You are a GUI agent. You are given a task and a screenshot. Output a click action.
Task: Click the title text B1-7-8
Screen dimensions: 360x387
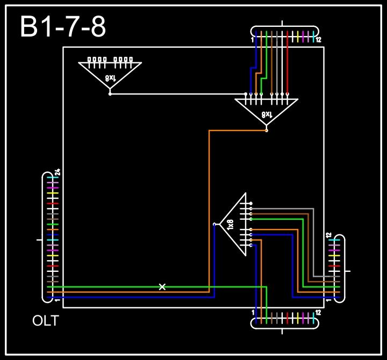(63, 27)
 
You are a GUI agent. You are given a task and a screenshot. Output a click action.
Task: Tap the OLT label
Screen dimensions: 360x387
(46, 321)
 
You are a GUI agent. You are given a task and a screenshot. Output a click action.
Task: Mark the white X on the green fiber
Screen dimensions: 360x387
(162, 287)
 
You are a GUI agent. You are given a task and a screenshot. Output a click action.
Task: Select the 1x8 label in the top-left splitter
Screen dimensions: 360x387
(110, 78)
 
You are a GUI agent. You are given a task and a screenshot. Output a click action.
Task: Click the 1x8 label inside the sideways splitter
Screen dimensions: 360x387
(231, 225)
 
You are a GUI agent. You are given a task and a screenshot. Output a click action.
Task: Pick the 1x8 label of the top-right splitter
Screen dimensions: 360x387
(267, 114)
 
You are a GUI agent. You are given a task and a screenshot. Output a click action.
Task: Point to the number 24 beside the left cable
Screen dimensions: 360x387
(58, 172)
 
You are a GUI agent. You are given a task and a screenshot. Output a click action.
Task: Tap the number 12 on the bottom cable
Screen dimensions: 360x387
(319, 312)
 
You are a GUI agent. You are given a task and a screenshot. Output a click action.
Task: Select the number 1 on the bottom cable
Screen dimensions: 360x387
(253, 312)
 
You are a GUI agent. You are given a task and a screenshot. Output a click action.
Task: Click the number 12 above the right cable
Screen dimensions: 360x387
(328, 235)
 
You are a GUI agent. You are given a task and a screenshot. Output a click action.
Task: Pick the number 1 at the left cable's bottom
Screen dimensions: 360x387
(57, 300)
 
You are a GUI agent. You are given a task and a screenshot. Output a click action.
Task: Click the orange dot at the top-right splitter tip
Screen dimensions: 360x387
(267, 131)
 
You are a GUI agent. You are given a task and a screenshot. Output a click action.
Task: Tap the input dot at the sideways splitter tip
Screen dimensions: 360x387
(214, 224)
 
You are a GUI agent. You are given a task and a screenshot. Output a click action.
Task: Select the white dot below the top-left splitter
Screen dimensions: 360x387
(110, 94)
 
